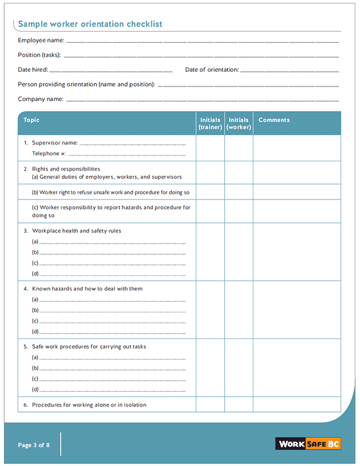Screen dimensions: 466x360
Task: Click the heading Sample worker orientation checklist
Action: coord(90,24)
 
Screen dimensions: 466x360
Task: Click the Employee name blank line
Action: coord(202,42)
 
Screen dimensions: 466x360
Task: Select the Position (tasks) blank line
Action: coord(201,56)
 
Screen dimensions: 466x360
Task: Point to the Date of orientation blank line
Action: coord(290,71)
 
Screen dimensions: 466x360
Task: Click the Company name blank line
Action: coord(202,101)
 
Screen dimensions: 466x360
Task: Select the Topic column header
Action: coord(32,120)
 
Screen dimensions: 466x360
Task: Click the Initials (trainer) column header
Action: coord(210,124)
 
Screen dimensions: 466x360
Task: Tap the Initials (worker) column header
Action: coord(239,124)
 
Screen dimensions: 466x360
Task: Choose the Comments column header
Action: coord(274,120)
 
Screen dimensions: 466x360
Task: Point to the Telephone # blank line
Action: coord(127,155)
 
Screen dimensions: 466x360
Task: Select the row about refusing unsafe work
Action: coord(111,192)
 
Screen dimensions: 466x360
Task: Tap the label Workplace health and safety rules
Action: coord(76,231)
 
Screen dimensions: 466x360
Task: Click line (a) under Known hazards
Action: coord(112,301)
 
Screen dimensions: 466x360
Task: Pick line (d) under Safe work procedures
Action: coord(112,391)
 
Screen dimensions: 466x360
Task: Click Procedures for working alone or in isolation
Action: coord(89,405)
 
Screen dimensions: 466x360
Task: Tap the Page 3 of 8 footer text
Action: coord(34,445)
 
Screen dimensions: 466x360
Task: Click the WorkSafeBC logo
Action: coord(308,444)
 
